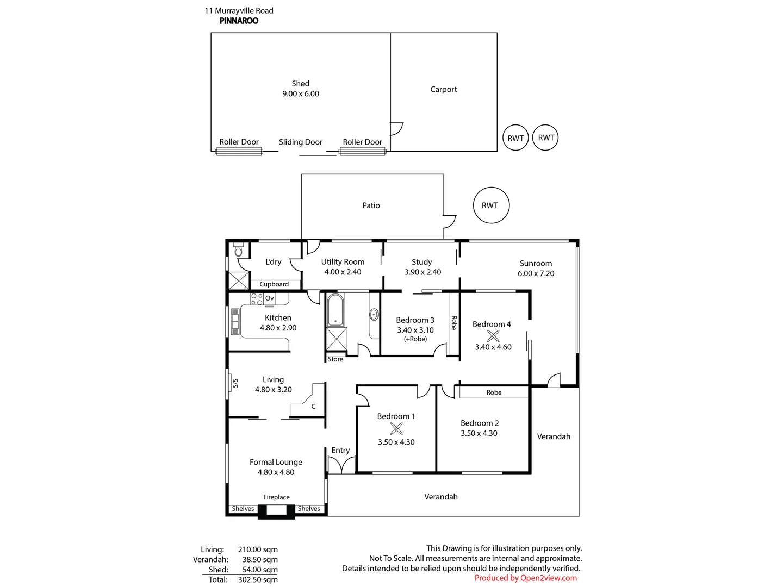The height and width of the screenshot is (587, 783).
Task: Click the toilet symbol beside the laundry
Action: point(238,251)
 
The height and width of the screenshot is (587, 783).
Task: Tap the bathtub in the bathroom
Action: point(335,310)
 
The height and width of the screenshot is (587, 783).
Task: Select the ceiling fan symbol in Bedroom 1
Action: point(396,428)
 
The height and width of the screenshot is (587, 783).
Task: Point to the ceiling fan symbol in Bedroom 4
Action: point(493,335)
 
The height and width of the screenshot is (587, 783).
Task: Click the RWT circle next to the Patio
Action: point(491,205)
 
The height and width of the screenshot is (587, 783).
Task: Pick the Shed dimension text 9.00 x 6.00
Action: point(300,93)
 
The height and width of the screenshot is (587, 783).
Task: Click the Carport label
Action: point(443,89)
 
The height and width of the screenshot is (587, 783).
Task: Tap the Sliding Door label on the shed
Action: point(300,142)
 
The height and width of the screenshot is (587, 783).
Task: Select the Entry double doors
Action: point(341,465)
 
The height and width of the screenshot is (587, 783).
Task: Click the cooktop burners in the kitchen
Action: point(257,298)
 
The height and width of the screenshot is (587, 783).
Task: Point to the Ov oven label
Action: point(270,298)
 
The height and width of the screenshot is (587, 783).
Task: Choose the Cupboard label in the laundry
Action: point(274,284)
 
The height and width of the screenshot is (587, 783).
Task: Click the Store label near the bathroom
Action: point(335,359)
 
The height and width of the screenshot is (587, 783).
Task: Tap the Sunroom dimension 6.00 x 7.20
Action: point(536,273)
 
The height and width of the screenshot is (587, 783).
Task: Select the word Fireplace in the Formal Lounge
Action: point(276,497)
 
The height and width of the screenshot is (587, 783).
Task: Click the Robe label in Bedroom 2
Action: point(494,392)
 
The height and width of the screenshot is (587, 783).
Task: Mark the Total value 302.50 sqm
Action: point(258,579)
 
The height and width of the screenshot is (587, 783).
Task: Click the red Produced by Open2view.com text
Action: point(525,578)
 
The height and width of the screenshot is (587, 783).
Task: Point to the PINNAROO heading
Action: point(239,21)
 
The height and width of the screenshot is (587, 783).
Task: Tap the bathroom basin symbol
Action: point(374,314)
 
